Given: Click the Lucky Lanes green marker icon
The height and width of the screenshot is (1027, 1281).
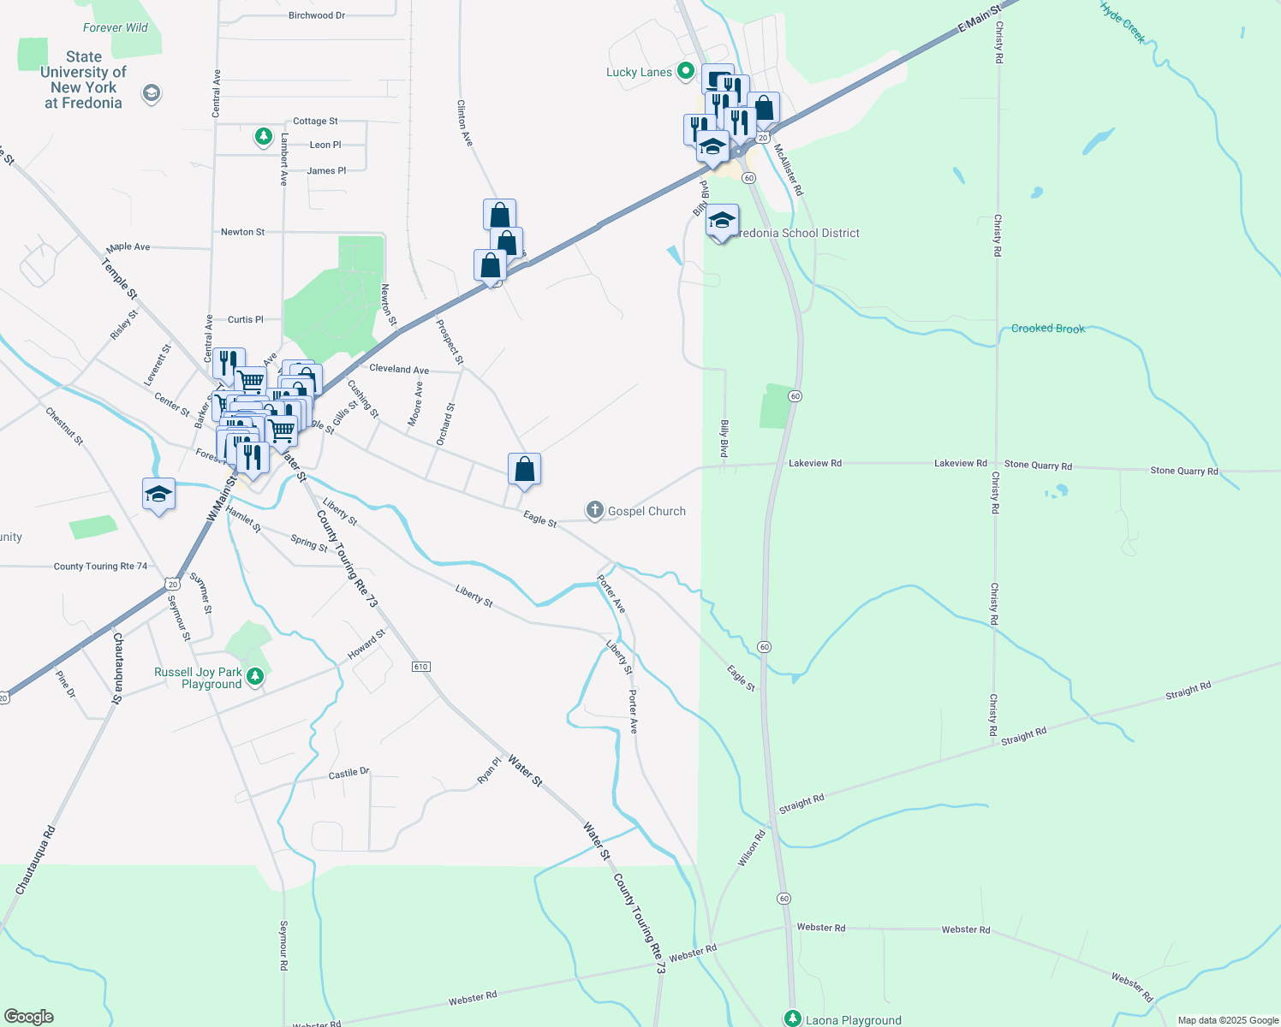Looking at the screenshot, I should (685, 71).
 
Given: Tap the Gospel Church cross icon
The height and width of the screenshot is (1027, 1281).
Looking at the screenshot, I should (594, 511).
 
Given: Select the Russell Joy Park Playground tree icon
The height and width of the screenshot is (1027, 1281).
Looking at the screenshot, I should (254, 678).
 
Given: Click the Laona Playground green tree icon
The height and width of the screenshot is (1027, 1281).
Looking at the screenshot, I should (793, 1018).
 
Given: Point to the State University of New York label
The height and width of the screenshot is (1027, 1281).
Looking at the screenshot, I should (83, 80).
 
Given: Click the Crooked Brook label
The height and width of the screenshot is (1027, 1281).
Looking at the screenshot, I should (1047, 329).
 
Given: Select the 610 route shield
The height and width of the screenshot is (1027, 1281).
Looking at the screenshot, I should (420, 667).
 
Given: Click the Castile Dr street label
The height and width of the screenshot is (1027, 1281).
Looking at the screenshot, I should (349, 774).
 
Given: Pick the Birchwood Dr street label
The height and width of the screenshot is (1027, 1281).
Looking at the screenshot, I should (317, 15).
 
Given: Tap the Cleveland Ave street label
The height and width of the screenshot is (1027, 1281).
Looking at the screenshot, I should (399, 370).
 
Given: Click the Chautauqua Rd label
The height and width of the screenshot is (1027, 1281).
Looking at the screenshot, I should (36, 860).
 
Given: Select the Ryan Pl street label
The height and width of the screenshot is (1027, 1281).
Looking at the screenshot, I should (489, 769).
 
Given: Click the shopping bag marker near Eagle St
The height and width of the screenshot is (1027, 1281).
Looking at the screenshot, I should (524, 470).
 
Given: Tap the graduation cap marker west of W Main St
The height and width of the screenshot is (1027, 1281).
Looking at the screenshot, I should (158, 495).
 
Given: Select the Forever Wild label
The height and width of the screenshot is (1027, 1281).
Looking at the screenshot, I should (115, 27).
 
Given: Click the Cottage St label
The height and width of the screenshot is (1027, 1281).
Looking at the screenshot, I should (315, 122).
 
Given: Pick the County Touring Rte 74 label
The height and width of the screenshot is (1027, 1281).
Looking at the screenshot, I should (100, 567).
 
